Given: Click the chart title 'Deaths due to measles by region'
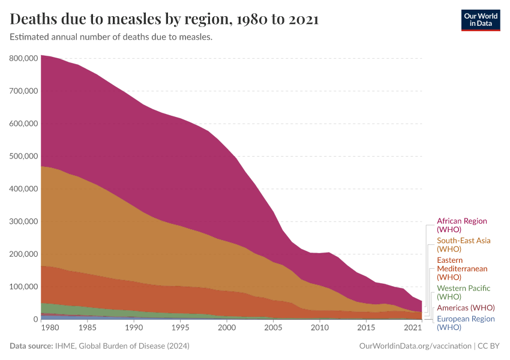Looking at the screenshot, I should click(x=164, y=19).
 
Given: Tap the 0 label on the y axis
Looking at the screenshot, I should click(x=35, y=319).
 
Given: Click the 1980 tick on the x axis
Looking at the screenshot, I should click(x=50, y=328).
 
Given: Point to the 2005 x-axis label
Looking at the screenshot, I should click(x=273, y=328).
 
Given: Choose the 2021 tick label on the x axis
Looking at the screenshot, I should click(x=413, y=328).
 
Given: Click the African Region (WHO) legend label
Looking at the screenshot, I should click(x=461, y=225).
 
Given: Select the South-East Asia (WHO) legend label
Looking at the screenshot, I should click(x=463, y=244).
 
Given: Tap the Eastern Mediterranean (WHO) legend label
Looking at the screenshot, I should click(x=462, y=268).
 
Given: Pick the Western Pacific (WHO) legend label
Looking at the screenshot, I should click(x=463, y=292).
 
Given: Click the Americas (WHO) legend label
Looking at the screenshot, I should click(x=466, y=308).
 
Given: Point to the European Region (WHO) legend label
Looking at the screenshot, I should click(x=466, y=323).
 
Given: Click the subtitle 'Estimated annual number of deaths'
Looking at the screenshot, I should click(x=111, y=37).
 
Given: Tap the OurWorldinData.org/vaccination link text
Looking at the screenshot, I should click(x=414, y=346).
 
